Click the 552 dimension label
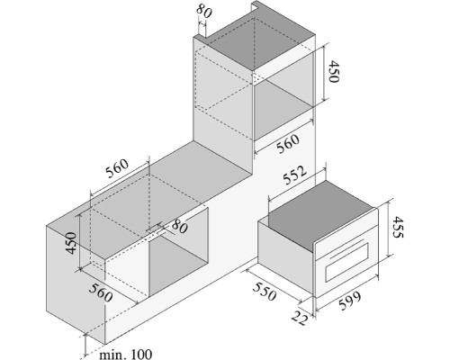click(295, 175)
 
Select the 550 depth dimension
click(264, 292)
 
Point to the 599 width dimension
click(350, 301)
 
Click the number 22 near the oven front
click(300, 318)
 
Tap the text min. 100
click(125, 355)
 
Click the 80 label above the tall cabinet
click(204, 11)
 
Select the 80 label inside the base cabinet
click(179, 227)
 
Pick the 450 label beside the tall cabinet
click(333, 71)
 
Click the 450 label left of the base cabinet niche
click(71, 243)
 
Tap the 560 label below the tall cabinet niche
click(288, 144)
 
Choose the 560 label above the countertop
click(117, 168)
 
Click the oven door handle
click(347, 248)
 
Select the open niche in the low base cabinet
click(179, 252)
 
